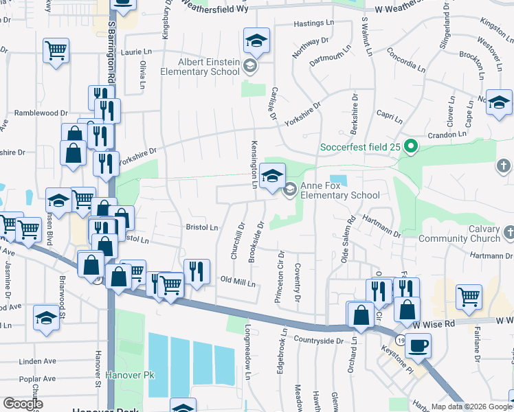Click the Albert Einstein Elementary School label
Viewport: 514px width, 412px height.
200,67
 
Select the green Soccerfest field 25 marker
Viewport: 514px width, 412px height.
411,146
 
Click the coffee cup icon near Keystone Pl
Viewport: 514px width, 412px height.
417,345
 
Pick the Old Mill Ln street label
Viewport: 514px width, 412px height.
237,282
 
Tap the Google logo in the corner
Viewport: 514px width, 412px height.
23,404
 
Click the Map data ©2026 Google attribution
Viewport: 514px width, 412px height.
471,407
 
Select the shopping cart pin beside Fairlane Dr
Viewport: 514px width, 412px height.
469,297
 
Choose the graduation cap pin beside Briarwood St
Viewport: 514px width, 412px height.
46,318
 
